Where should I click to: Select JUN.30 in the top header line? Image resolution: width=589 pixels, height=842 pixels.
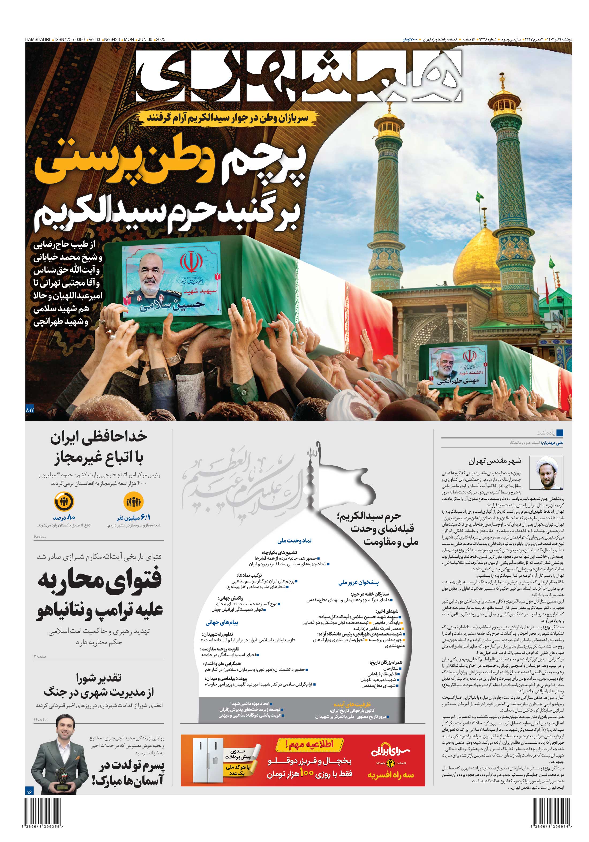pyautogui.click(x=145, y=39)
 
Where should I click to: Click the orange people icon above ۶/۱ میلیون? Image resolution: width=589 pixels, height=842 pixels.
pyautogui.click(x=133, y=501)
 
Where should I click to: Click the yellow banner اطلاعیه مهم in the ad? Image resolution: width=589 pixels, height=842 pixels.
pyautogui.click(x=309, y=744)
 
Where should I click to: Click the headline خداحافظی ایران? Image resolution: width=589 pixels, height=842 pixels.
pyautogui.click(x=99, y=437)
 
